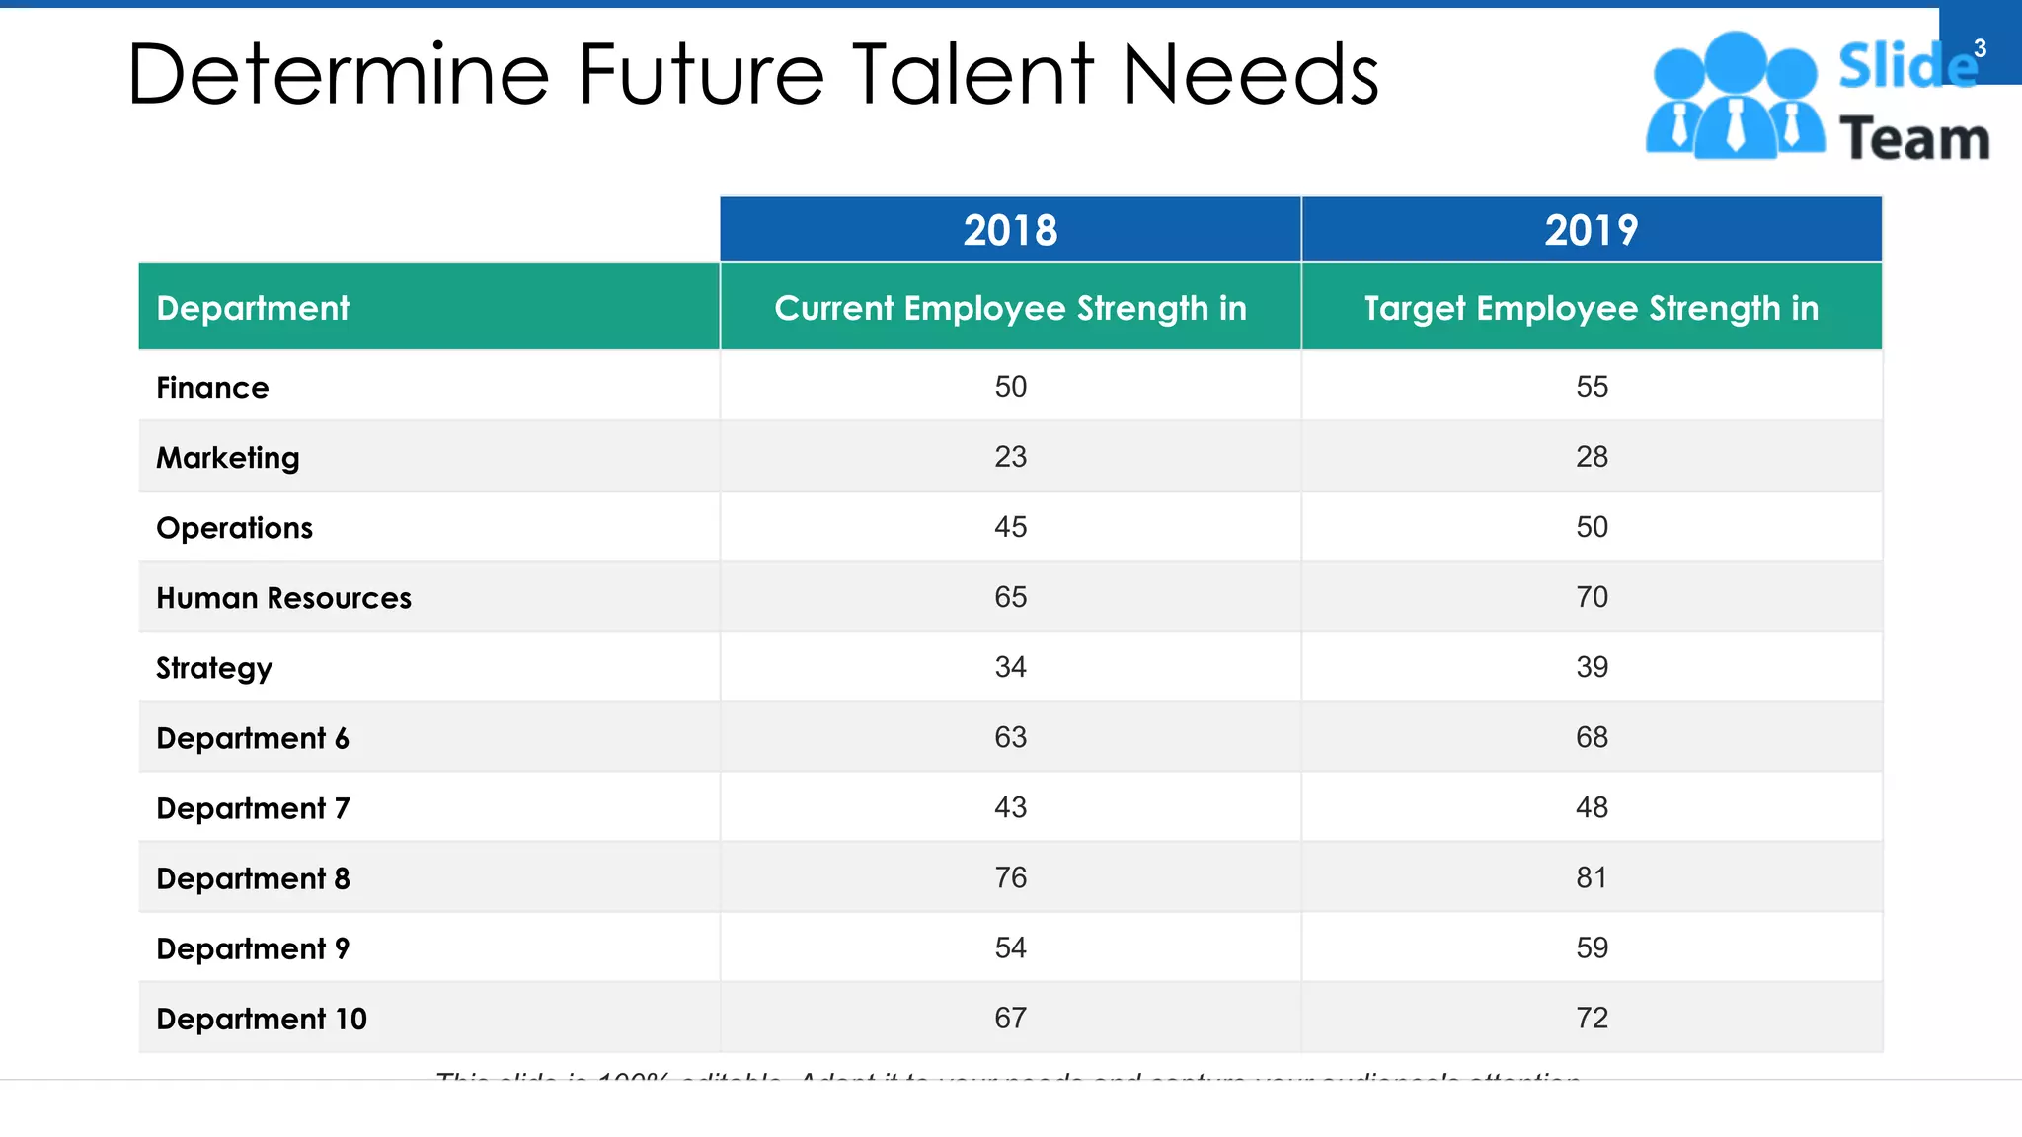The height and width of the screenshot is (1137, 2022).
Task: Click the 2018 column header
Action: (x=1010, y=230)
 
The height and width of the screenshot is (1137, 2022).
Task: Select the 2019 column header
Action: (x=1591, y=230)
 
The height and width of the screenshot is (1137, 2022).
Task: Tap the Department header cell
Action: (x=253, y=308)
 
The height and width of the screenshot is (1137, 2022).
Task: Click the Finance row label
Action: (x=212, y=387)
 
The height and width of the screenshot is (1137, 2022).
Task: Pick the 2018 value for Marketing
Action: (x=1010, y=456)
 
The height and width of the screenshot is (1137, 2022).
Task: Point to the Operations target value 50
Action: (x=1592, y=526)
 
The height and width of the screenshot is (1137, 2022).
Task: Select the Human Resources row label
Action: (x=283, y=597)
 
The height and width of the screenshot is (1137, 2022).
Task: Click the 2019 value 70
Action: (x=1592, y=596)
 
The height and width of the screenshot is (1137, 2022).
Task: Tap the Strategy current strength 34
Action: (x=1010, y=667)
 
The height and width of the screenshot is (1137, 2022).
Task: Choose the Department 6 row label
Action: (x=253, y=738)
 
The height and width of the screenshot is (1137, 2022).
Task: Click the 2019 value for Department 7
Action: (x=1592, y=807)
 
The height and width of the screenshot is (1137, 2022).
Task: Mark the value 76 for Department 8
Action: (x=1010, y=877)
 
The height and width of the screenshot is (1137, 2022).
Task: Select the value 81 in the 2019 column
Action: (x=1592, y=877)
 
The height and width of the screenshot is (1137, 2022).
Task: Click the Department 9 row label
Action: (x=253, y=948)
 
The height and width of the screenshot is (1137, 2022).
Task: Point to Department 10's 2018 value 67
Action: (x=1010, y=1018)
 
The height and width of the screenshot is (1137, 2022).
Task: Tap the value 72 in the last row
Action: (x=1592, y=1018)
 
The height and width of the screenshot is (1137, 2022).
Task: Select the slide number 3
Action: (x=1980, y=48)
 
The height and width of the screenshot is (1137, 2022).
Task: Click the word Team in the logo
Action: (x=1913, y=138)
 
